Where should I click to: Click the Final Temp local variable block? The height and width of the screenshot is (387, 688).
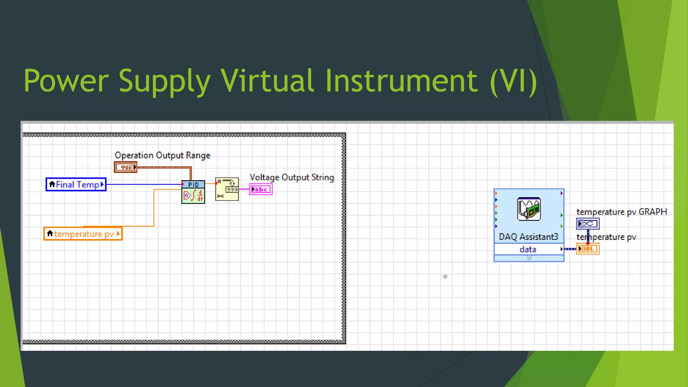coord(76,184)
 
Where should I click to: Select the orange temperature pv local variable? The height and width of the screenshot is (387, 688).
coord(83,234)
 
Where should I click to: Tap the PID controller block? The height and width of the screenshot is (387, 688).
coord(193,192)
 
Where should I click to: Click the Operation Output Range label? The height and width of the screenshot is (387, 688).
coord(163,155)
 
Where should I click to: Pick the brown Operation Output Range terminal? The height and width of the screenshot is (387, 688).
coord(126,167)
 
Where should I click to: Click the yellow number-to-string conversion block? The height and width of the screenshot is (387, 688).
coord(227,189)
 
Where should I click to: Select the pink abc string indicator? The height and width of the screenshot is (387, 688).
coord(261,189)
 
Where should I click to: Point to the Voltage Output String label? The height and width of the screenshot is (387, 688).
coord(292,177)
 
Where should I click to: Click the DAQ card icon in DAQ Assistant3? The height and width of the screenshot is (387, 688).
coord(529,209)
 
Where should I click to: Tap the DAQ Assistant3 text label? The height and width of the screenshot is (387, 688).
coord(528,237)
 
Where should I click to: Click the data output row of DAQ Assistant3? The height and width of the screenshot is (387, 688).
coord(528,249)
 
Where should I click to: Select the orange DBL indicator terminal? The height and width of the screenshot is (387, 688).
coord(588,249)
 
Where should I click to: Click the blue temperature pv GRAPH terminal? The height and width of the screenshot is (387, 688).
coord(588,224)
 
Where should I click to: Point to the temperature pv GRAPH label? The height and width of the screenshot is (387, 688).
coord(621,212)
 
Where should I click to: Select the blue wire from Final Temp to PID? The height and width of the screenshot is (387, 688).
coord(144,184)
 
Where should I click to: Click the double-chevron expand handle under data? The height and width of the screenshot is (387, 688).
coord(529,258)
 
